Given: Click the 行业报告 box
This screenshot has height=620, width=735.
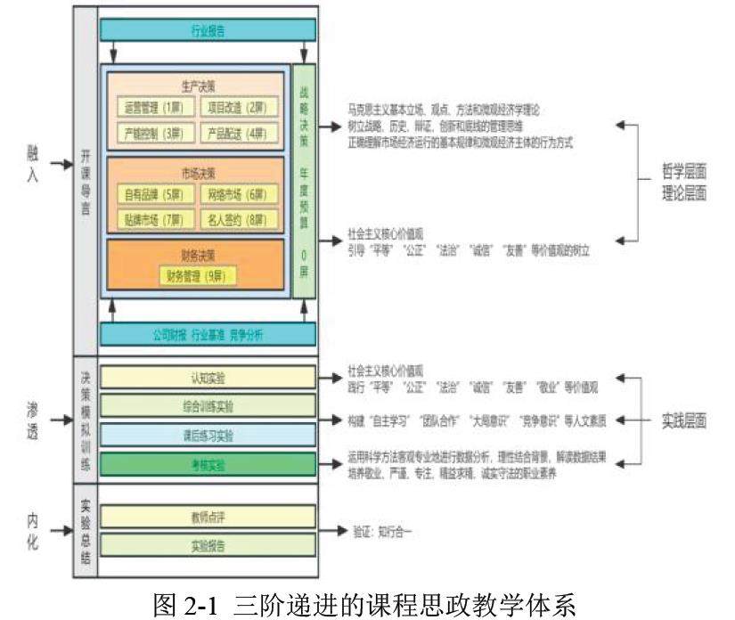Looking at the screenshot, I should [x=208, y=30].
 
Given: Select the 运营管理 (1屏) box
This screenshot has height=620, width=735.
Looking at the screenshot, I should [x=153, y=108].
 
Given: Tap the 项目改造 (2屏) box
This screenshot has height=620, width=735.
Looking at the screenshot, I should [x=236, y=108].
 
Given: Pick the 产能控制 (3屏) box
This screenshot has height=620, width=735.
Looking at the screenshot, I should [x=153, y=134].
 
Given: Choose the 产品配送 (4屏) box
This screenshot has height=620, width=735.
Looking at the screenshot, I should [x=236, y=134].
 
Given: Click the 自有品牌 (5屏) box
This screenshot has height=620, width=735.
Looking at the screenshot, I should [x=153, y=193].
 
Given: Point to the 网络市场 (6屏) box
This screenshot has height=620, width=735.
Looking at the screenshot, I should [x=236, y=193].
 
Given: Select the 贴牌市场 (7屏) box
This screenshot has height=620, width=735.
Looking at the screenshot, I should [x=153, y=219].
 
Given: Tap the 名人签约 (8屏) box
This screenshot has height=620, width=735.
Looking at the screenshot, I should [x=236, y=219].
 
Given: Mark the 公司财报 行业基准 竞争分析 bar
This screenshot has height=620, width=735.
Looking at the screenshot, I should [x=208, y=335].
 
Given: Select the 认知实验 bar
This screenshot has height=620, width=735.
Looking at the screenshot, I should [x=208, y=378].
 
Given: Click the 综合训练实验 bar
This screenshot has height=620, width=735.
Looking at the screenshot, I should [x=208, y=406].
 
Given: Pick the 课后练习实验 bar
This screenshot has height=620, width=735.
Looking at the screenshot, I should [x=208, y=435].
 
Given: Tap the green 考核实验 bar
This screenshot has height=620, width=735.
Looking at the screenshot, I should [x=208, y=464].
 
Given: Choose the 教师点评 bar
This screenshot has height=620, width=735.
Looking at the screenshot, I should [x=208, y=516].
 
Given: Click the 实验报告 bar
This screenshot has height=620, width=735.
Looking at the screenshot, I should [x=208, y=545].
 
